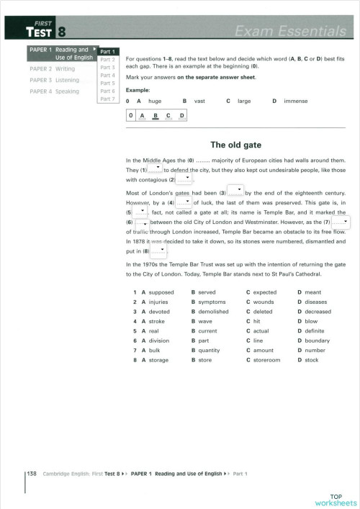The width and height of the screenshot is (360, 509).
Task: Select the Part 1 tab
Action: (107, 52)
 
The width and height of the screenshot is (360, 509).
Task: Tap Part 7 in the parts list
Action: (107, 99)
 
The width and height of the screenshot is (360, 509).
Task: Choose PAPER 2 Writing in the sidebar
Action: (52, 69)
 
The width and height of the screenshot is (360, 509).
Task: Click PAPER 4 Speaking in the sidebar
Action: (54, 91)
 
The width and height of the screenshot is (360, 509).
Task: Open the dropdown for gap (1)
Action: (154, 170)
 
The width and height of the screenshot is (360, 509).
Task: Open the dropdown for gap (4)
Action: (184, 204)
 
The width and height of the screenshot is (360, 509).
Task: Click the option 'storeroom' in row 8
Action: (266, 359)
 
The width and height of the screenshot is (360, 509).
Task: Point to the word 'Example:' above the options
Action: (138, 90)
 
